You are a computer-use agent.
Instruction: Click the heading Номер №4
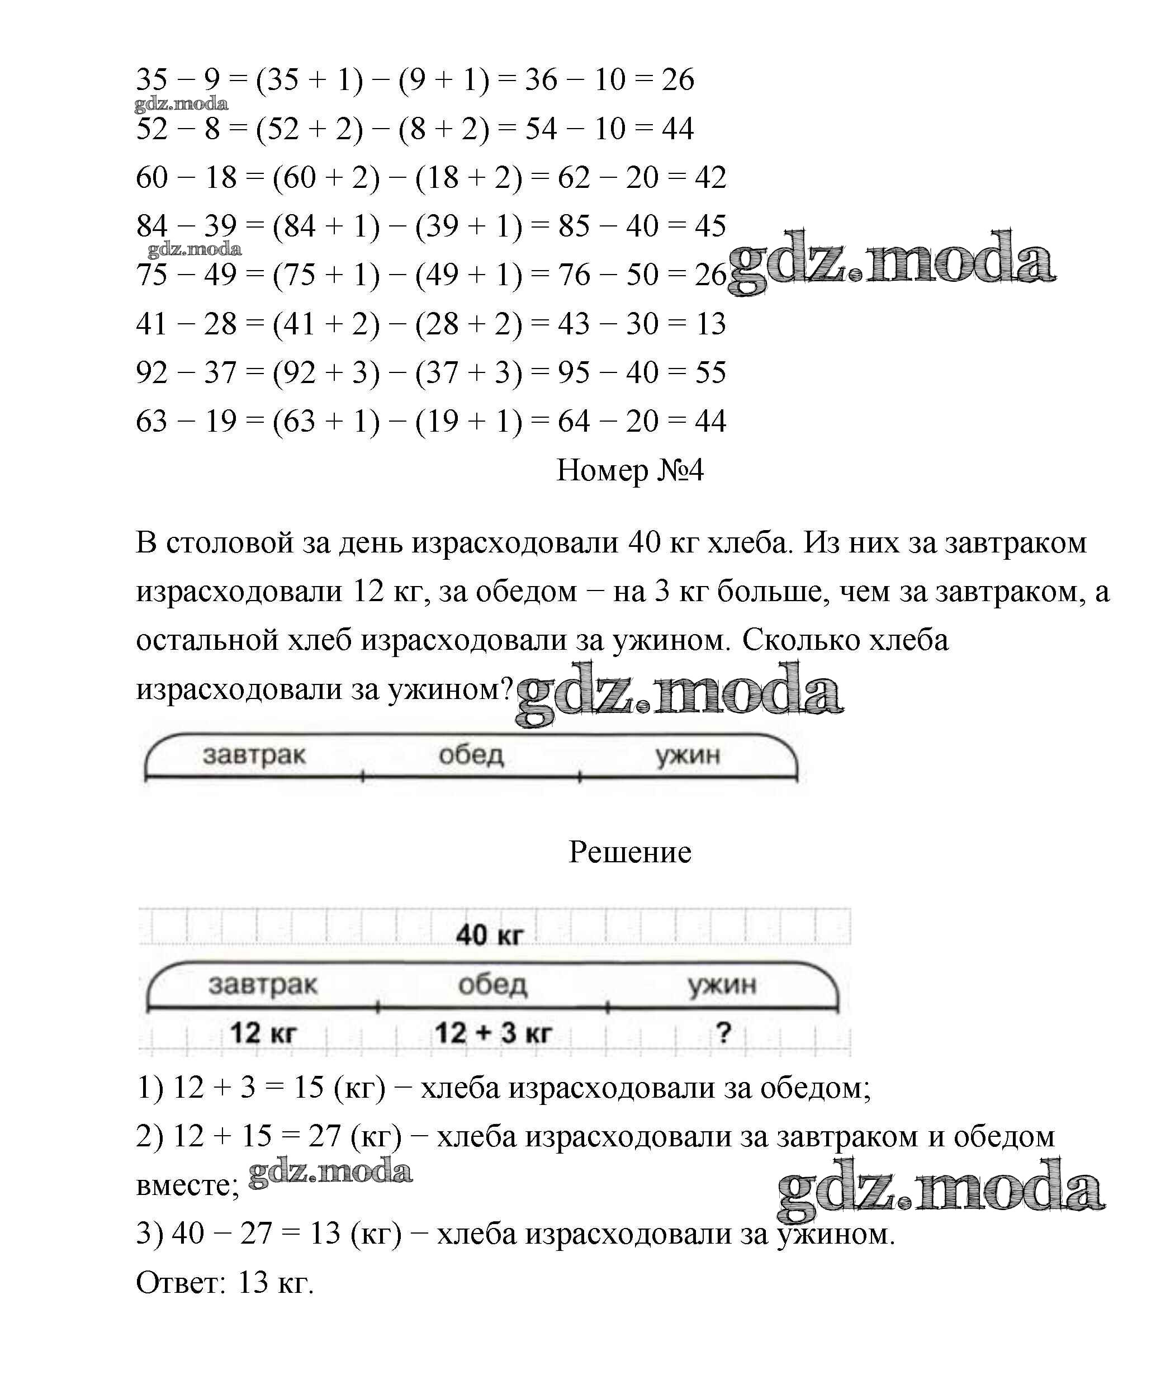click(629, 470)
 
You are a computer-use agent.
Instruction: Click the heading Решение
click(629, 852)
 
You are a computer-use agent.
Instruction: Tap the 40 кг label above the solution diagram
click(490, 935)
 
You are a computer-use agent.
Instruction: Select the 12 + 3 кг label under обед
click(493, 1033)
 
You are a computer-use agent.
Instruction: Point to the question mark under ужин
click(723, 1033)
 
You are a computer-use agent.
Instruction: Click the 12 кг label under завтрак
click(263, 1033)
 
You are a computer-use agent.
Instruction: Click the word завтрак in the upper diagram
click(254, 755)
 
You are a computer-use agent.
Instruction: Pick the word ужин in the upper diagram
click(688, 755)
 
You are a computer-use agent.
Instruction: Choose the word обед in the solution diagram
click(492, 984)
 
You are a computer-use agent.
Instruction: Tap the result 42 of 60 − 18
click(710, 177)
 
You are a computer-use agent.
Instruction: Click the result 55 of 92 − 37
click(710, 372)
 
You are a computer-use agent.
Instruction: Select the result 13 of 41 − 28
click(710, 324)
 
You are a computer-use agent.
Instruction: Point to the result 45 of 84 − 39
click(710, 226)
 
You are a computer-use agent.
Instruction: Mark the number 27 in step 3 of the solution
click(257, 1234)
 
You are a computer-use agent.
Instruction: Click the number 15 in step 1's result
click(309, 1088)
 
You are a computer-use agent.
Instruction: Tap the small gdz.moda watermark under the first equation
click(181, 104)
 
